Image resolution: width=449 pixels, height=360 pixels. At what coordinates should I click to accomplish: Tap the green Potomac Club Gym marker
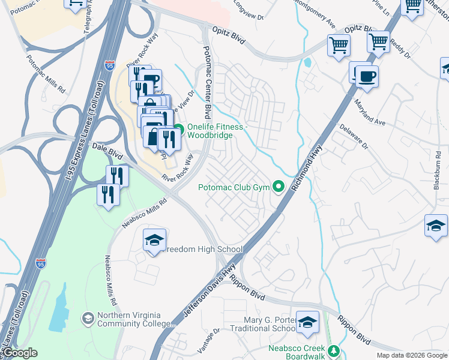click(x=278, y=188)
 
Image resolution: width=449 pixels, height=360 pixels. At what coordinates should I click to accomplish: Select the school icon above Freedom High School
click(x=154, y=240)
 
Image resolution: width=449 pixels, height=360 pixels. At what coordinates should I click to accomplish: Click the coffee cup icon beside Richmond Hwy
click(x=366, y=76)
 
